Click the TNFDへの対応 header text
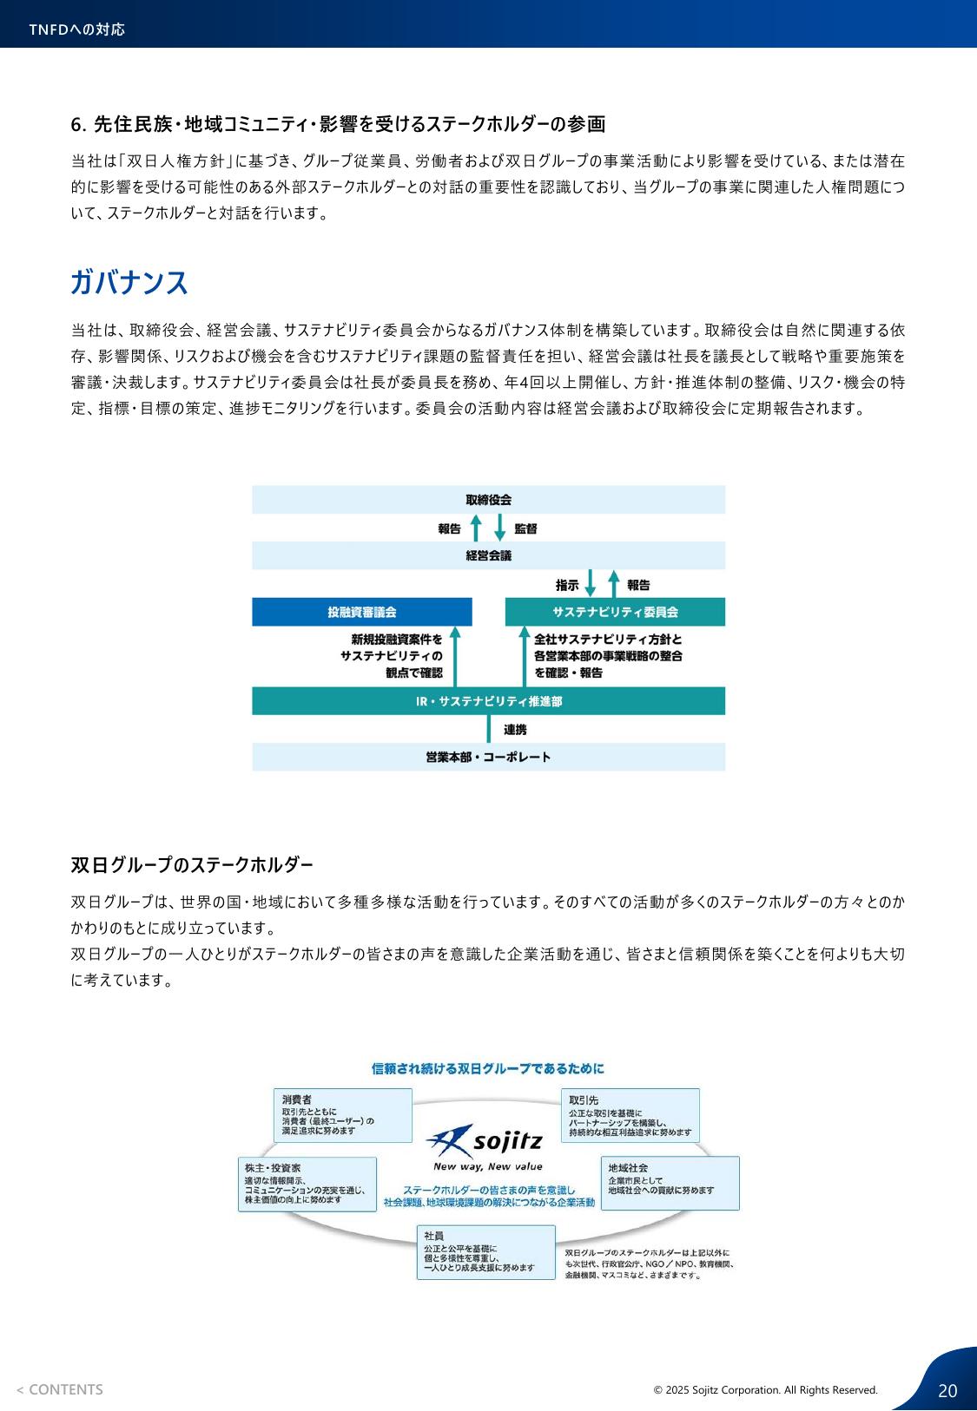77,30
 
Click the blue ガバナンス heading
129,281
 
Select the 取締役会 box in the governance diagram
488,500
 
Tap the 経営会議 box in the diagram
488,555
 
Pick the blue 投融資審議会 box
362,612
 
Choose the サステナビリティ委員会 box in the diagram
615,612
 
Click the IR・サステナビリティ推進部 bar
488,701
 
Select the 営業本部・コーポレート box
488,758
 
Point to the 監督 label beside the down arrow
525,528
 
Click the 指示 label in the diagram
567,585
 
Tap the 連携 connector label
515,730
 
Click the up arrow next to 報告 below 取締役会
477,528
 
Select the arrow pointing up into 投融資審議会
455,656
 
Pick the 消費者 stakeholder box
343,1116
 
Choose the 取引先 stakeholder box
630,1116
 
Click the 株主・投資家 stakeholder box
307,1185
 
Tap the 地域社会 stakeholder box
670,1183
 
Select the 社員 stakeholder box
486,1252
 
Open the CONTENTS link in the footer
60,1389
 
